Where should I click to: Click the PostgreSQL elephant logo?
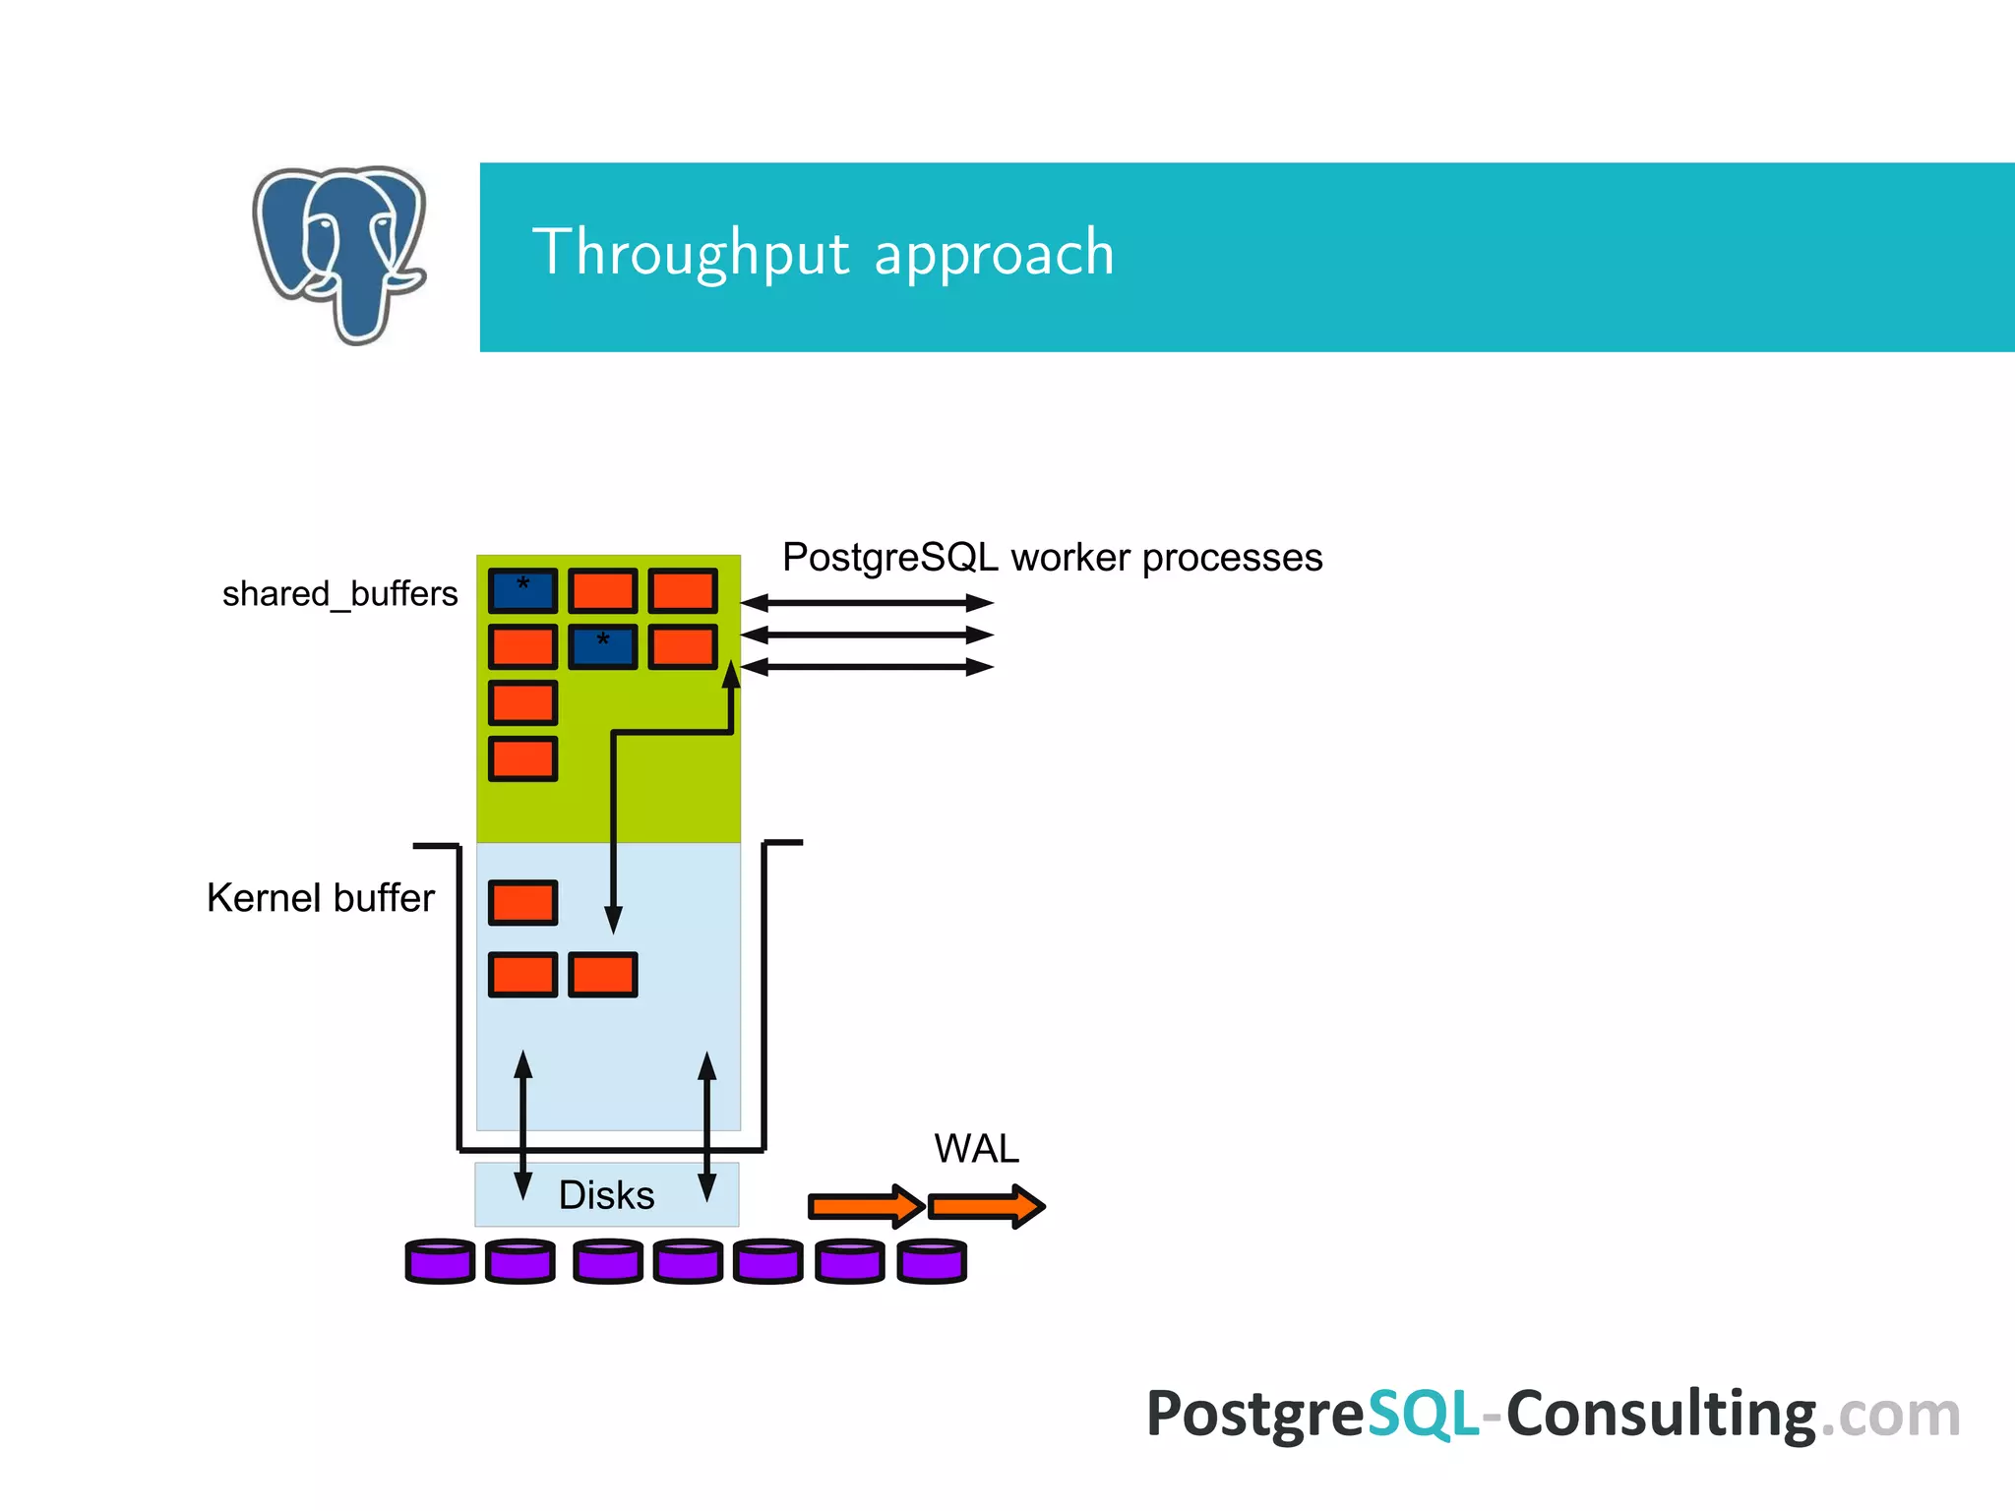[339, 254]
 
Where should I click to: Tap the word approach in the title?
[994, 254]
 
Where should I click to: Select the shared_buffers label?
[339, 594]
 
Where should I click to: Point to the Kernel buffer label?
[320, 898]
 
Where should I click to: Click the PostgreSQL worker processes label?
[1052, 557]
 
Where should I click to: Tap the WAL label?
[976, 1148]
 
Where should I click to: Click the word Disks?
[606, 1195]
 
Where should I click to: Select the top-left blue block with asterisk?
[522, 590]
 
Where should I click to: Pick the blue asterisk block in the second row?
[602, 646]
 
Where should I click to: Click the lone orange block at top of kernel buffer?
[522, 902]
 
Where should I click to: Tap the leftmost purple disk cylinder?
[440, 1260]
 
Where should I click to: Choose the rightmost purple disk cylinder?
[932, 1260]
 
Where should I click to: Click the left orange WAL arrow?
[865, 1205]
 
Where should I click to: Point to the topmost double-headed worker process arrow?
[867, 602]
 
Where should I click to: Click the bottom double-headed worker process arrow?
[867, 667]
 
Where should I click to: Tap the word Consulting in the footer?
[1661, 1414]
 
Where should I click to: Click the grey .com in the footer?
[1890, 1415]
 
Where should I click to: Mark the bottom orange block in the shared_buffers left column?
[522, 758]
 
